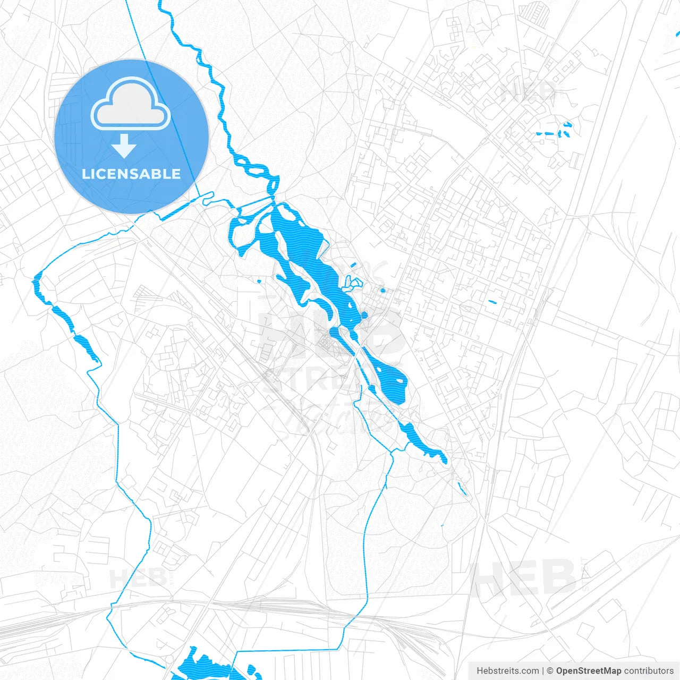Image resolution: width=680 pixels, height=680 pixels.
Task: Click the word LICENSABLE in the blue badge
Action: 131,174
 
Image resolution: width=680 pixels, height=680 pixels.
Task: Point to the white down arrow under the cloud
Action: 124,146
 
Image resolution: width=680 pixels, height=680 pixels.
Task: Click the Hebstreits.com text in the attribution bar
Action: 507,671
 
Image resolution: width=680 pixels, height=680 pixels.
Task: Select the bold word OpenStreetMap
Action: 588,671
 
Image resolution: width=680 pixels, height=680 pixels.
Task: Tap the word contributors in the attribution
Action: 648,671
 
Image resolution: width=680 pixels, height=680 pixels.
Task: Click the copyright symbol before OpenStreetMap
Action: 550,671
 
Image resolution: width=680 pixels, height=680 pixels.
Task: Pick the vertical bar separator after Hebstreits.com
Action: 542,671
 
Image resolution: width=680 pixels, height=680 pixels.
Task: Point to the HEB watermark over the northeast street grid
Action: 529,91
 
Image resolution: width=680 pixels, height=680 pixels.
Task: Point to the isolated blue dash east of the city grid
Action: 492,302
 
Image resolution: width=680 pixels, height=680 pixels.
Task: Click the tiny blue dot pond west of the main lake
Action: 259,281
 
